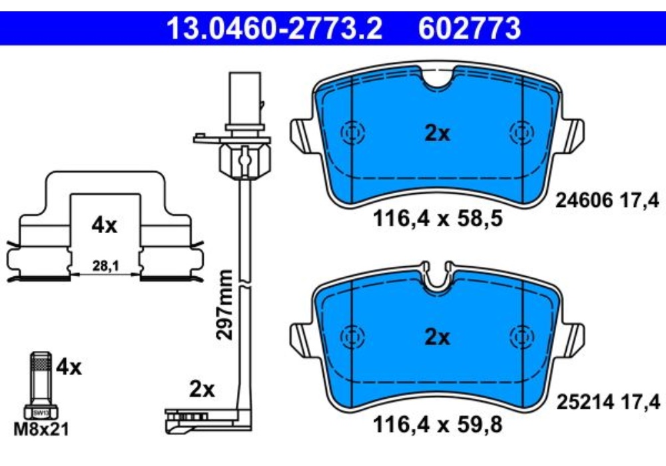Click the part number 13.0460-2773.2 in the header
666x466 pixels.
coord(274,29)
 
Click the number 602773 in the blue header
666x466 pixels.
coord(469,29)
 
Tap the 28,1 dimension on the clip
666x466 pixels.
coord(104,266)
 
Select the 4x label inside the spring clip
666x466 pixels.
coord(104,225)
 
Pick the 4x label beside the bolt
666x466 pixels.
coord(69,367)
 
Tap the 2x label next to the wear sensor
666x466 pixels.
coord(202,389)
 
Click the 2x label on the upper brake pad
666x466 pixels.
coord(438,134)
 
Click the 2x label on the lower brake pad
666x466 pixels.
coord(438,338)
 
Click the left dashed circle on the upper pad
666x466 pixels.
coord(351,133)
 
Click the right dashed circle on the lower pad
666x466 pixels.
coord(521,337)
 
